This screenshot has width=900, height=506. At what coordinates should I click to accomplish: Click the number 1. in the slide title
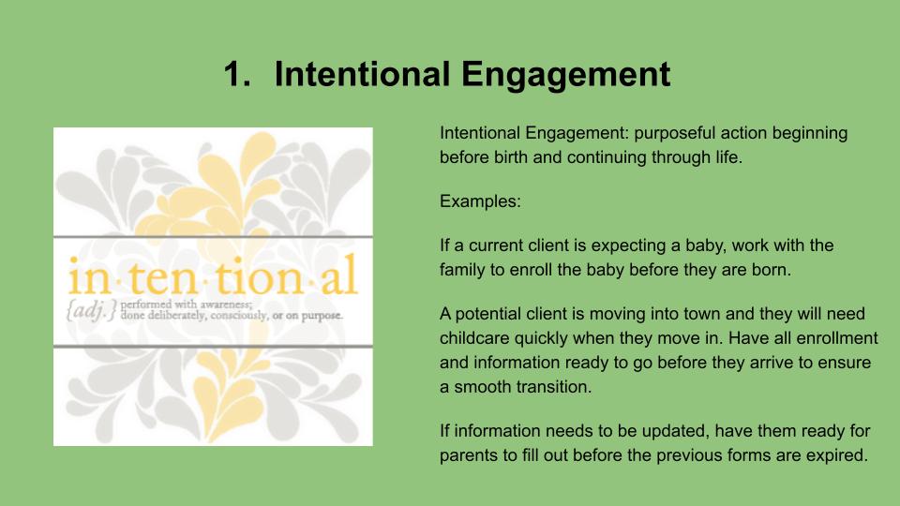pos(237,74)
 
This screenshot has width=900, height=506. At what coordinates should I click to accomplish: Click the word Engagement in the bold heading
pos(565,75)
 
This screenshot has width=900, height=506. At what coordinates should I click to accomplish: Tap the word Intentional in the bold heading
pos(362,74)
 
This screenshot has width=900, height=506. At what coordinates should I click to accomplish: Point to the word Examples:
pos(480,201)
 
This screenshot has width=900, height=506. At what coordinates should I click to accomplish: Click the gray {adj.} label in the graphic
pos(91,310)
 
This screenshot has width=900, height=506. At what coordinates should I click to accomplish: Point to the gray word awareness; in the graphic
pos(226,305)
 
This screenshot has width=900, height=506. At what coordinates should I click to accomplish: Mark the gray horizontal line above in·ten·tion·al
pos(213,236)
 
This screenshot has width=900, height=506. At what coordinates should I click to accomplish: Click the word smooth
pos(483,387)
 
